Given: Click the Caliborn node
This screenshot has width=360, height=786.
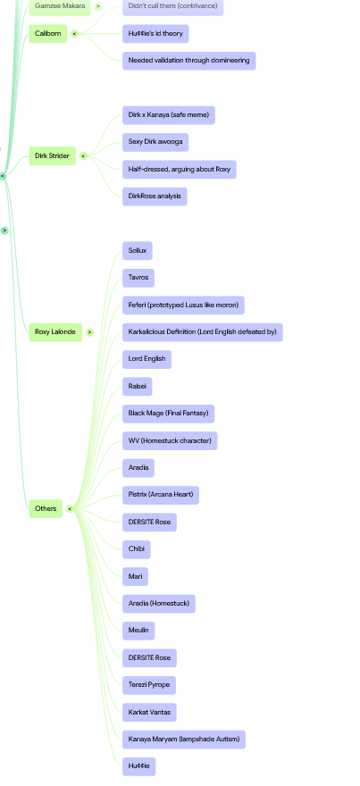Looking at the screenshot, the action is tap(47, 34).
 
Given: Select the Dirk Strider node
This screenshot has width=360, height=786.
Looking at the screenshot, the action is tap(52, 156).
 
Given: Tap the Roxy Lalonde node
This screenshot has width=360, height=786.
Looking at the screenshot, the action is tap(55, 332).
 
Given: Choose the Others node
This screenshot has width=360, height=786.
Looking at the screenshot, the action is tap(46, 509).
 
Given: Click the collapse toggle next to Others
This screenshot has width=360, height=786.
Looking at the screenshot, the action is tap(70, 509).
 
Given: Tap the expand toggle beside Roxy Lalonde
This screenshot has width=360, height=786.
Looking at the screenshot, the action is tap(89, 332).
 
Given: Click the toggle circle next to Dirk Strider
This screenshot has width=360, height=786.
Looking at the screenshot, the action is tap(83, 156).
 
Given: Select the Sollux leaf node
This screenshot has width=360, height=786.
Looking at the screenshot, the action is tap(138, 251).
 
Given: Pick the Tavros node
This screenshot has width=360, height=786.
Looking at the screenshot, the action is tap(138, 278).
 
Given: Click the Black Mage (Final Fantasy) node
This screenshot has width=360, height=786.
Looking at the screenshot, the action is tap(169, 414).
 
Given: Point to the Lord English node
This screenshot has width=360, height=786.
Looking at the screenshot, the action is tap(147, 359).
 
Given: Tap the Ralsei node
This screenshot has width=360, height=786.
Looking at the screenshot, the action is tap(138, 387).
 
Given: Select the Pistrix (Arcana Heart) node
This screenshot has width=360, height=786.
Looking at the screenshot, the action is tap(161, 495).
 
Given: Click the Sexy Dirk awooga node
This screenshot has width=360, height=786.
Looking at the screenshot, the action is tap(155, 142).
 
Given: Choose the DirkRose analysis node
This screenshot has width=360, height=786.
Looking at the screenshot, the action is tap(155, 196).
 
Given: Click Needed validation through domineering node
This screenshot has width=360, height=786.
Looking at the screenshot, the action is tap(189, 61).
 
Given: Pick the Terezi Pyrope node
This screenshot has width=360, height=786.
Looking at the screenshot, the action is tap(149, 685).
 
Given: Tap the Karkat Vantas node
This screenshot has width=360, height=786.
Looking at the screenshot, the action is tap(149, 713).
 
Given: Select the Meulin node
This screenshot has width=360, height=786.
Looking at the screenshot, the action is tap(138, 631).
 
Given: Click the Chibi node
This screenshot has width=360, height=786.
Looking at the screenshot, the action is tap(137, 549).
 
